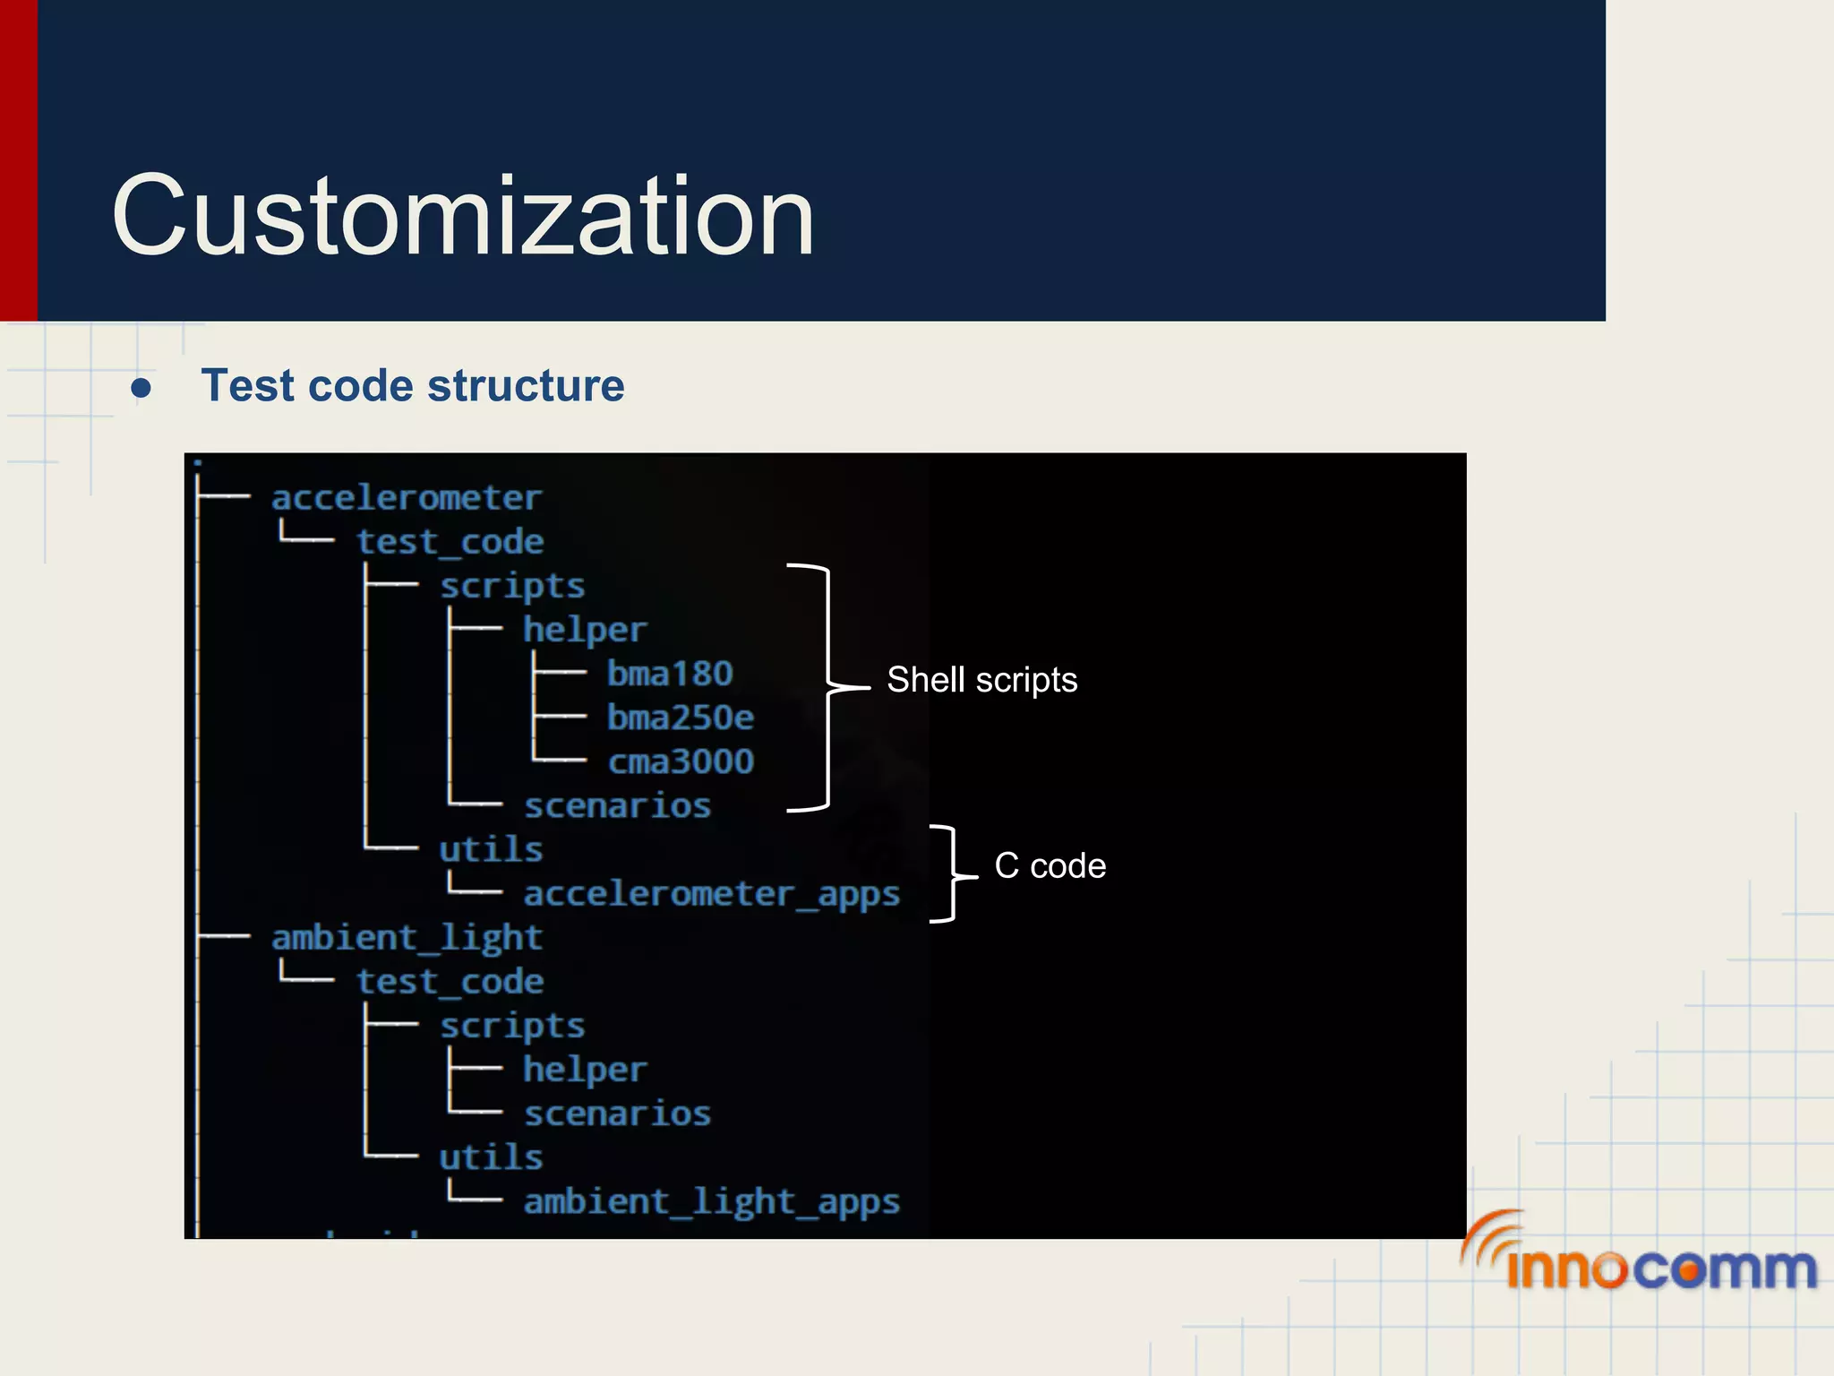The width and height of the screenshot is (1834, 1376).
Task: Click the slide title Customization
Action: tap(462, 216)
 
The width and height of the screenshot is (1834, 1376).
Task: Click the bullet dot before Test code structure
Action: tap(141, 388)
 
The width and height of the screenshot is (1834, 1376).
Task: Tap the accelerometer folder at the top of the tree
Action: tap(407, 498)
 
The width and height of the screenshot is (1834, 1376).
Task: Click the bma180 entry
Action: tap(670, 674)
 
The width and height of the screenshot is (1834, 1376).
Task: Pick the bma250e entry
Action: tap(681, 718)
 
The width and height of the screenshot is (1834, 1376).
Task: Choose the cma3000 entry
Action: tap(681, 761)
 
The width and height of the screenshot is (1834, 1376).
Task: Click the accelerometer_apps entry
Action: tap(711, 894)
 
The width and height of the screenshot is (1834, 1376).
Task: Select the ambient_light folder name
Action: tap(407, 938)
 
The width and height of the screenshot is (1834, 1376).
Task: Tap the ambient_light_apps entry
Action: tap(711, 1201)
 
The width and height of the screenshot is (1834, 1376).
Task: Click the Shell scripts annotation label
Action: tap(981, 680)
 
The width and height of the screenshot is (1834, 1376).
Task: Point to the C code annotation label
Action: tap(1050, 865)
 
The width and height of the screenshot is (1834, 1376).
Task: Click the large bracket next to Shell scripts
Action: tap(827, 687)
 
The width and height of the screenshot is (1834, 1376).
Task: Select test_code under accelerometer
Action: tap(450, 542)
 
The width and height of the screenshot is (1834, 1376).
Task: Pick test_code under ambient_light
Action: tap(450, 982)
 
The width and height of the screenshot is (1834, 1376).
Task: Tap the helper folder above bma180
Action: tap(584, 630)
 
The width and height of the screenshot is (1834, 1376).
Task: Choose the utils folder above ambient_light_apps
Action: tap(491, 1157)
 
